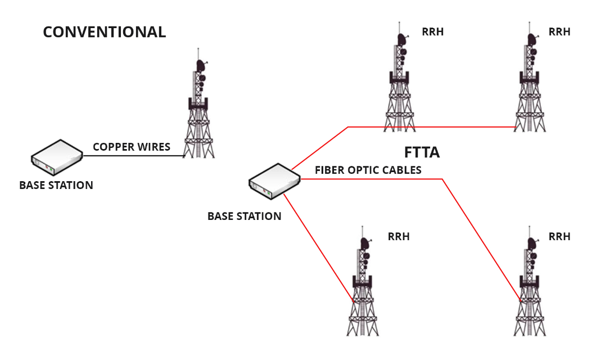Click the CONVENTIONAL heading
pyautogui.click(x=105, y=32)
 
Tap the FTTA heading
pyautogui.click(x=422, y=152)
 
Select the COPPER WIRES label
pyautogui.click(x=132, y=147)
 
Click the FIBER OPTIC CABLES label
pyautogui.click(x=368, y=170)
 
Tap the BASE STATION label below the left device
pyautogui.click(x=56, y=185)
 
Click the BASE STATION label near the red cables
pyautogui.click(x=244, y=216)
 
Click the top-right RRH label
pyautogui.click(x=559, y=32)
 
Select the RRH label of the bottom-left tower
pyautogui.click(x=399, y=237)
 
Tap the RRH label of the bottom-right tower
pyautogui.click(x=559, y=237)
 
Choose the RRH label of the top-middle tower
pyautogui.click(x=432, y=32)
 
